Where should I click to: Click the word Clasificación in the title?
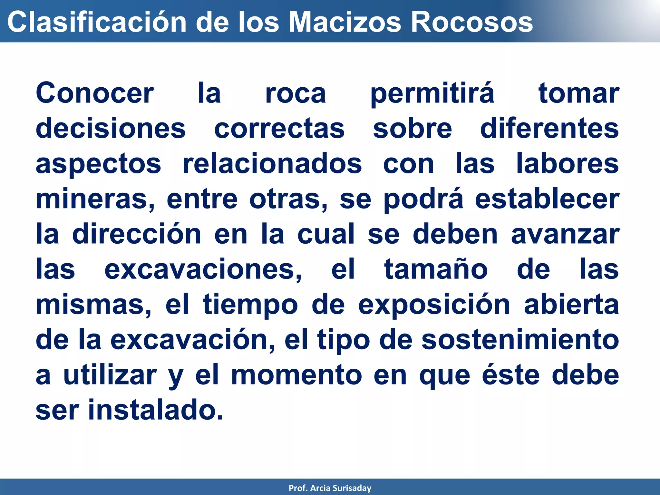pos(97,22)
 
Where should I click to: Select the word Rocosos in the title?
pos(472,22)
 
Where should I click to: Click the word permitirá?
pos(432,93)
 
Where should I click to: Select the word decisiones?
pos(111,129)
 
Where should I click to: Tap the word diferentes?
pos(549,129)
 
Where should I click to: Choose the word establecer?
pos(547,199)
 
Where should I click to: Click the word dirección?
pos(137,234)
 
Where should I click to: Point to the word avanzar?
pos(565,234)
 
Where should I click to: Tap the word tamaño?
pos(436,269)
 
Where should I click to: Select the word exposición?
pos(434,305)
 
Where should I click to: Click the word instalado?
pos(156,410)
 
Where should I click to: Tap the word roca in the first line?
pos(296,93)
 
